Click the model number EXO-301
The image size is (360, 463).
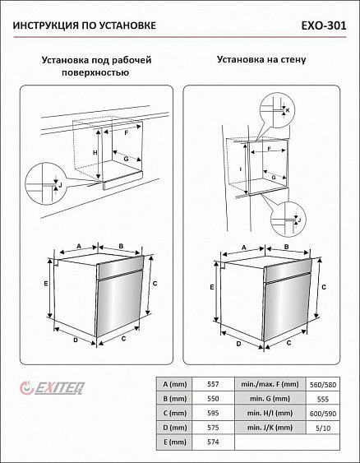(324, 25)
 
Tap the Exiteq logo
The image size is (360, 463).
(53, 388)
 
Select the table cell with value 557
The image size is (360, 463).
(213, 384)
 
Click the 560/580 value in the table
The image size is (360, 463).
(323, 385)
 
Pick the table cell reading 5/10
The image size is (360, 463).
(323, 428)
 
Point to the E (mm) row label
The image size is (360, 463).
(175, 442)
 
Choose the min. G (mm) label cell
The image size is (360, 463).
(270, 399)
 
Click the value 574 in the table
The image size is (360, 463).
(213, 442)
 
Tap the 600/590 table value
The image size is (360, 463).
(323, 414)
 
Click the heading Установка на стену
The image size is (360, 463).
(261, 59)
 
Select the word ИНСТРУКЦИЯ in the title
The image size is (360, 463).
(45, 25)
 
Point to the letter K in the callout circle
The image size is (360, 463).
(288, 110)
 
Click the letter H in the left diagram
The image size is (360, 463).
(95, 153)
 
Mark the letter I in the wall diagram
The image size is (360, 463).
(241, 169)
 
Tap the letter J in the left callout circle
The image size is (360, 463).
(60, 185)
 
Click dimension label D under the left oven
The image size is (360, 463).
(76, 340)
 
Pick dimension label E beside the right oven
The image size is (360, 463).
(212, 287)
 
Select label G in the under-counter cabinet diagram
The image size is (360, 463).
(126, 159)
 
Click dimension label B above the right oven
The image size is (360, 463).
(286, 247)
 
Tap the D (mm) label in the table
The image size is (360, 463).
(175, 428)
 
